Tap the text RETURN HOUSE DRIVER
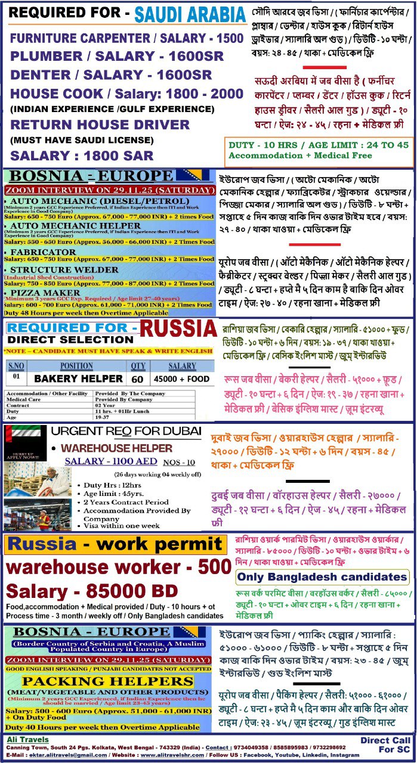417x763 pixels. point(100,125)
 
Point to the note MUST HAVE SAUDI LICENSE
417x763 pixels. point(82,140)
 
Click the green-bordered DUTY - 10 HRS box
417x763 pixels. point(319,150)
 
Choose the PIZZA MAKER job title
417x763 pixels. point(43,293)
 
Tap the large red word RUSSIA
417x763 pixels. point(178,328)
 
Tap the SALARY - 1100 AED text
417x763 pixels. point(111,461)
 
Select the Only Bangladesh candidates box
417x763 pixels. point(322,577)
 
